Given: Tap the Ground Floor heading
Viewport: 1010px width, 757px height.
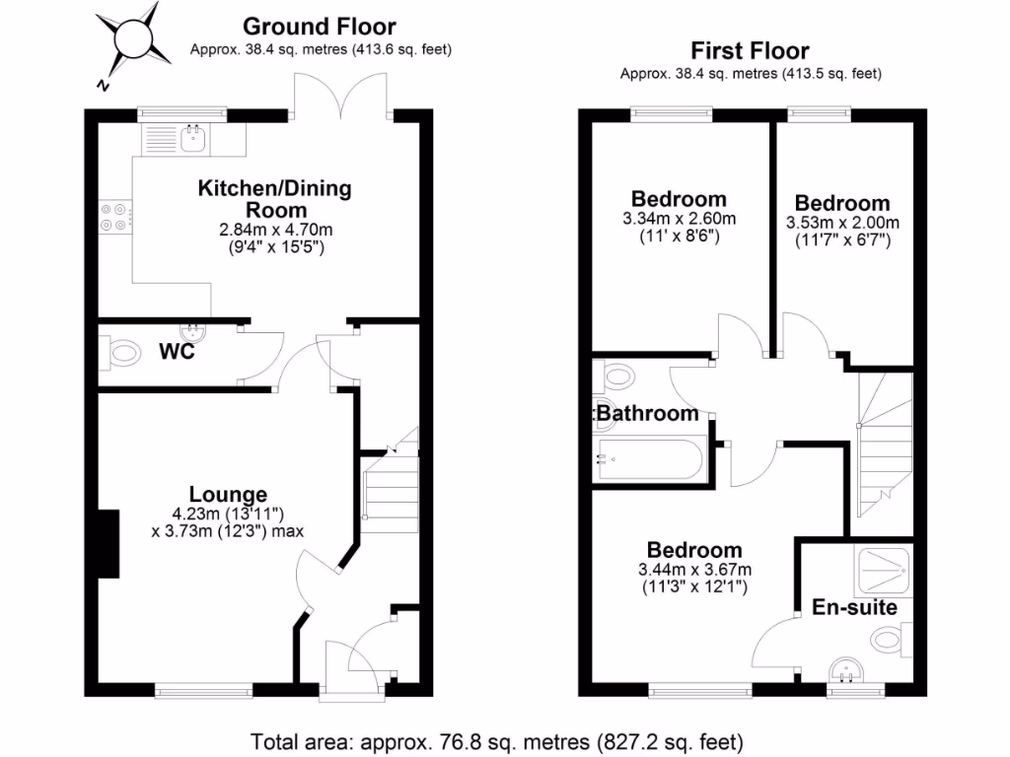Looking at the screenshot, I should pyautogui.click(x=320, y=27).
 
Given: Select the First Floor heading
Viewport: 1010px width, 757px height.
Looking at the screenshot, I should pyautogui.click(x=750, y=50).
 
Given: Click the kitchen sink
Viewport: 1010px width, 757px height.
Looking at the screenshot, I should pyautogui.click(x=192, y=138).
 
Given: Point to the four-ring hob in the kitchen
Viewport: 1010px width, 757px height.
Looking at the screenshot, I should pyautogui.click(x=114, y=216).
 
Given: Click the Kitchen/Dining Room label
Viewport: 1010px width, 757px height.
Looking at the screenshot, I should pyautogui.click(x=275, y=198).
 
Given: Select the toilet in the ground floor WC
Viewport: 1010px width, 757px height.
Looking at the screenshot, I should pyautogui.click(x=121, y=349).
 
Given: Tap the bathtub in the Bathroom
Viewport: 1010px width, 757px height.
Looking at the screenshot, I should pyautogui.click(x=651, y=459).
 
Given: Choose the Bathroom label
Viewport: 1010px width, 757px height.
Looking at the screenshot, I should pyautogui.click(x=648, y=414).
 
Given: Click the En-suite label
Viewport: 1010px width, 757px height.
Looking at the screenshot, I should pyautogui.click(x=854, y=607).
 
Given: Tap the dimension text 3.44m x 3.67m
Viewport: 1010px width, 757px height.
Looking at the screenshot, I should pyautogui.click(x=694, y=569).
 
